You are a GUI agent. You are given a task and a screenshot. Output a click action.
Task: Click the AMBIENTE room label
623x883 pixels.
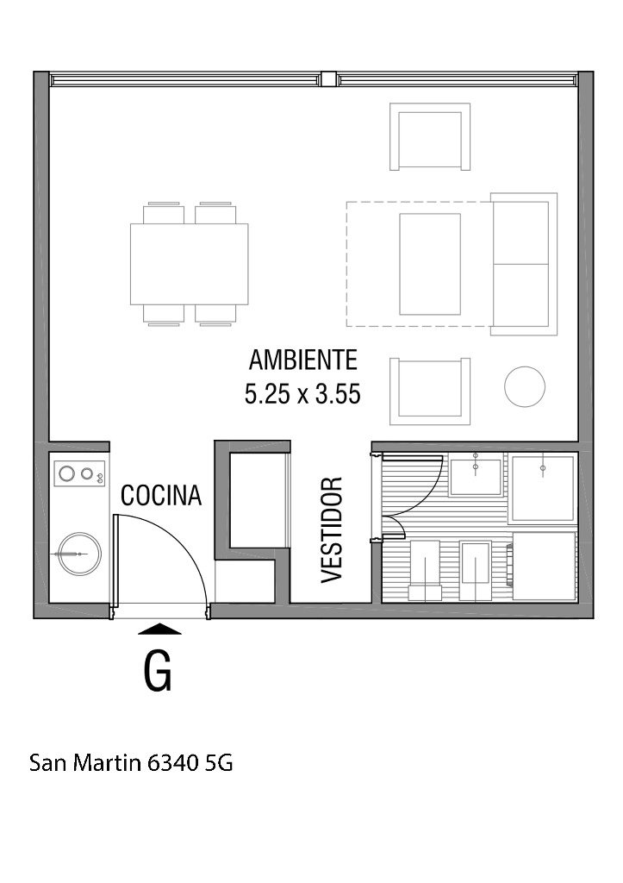302,360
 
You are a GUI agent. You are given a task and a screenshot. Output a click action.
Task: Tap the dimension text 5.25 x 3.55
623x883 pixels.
302,393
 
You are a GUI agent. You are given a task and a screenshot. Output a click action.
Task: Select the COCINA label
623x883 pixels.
161,495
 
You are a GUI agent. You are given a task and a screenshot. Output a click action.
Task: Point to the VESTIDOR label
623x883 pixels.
332,530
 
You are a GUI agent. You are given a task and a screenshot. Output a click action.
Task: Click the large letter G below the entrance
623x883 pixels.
158,671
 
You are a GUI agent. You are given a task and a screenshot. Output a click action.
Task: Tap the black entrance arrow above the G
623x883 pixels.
159,629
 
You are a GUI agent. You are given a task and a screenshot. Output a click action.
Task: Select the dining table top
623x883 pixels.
189,264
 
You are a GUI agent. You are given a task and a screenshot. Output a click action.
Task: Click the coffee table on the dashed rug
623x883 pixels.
430,264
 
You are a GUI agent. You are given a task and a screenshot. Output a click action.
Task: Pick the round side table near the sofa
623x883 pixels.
525,387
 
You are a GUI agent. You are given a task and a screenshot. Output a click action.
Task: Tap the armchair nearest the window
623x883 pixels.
430,137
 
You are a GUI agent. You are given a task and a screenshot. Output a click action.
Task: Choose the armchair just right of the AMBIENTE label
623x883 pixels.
430,391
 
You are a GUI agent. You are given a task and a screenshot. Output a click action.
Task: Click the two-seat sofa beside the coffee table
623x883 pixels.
524,264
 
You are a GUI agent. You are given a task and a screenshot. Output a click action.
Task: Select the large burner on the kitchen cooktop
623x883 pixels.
67,473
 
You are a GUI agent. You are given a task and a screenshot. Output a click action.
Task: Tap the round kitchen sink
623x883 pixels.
80,554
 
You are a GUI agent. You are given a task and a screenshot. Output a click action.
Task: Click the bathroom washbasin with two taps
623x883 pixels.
476,476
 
